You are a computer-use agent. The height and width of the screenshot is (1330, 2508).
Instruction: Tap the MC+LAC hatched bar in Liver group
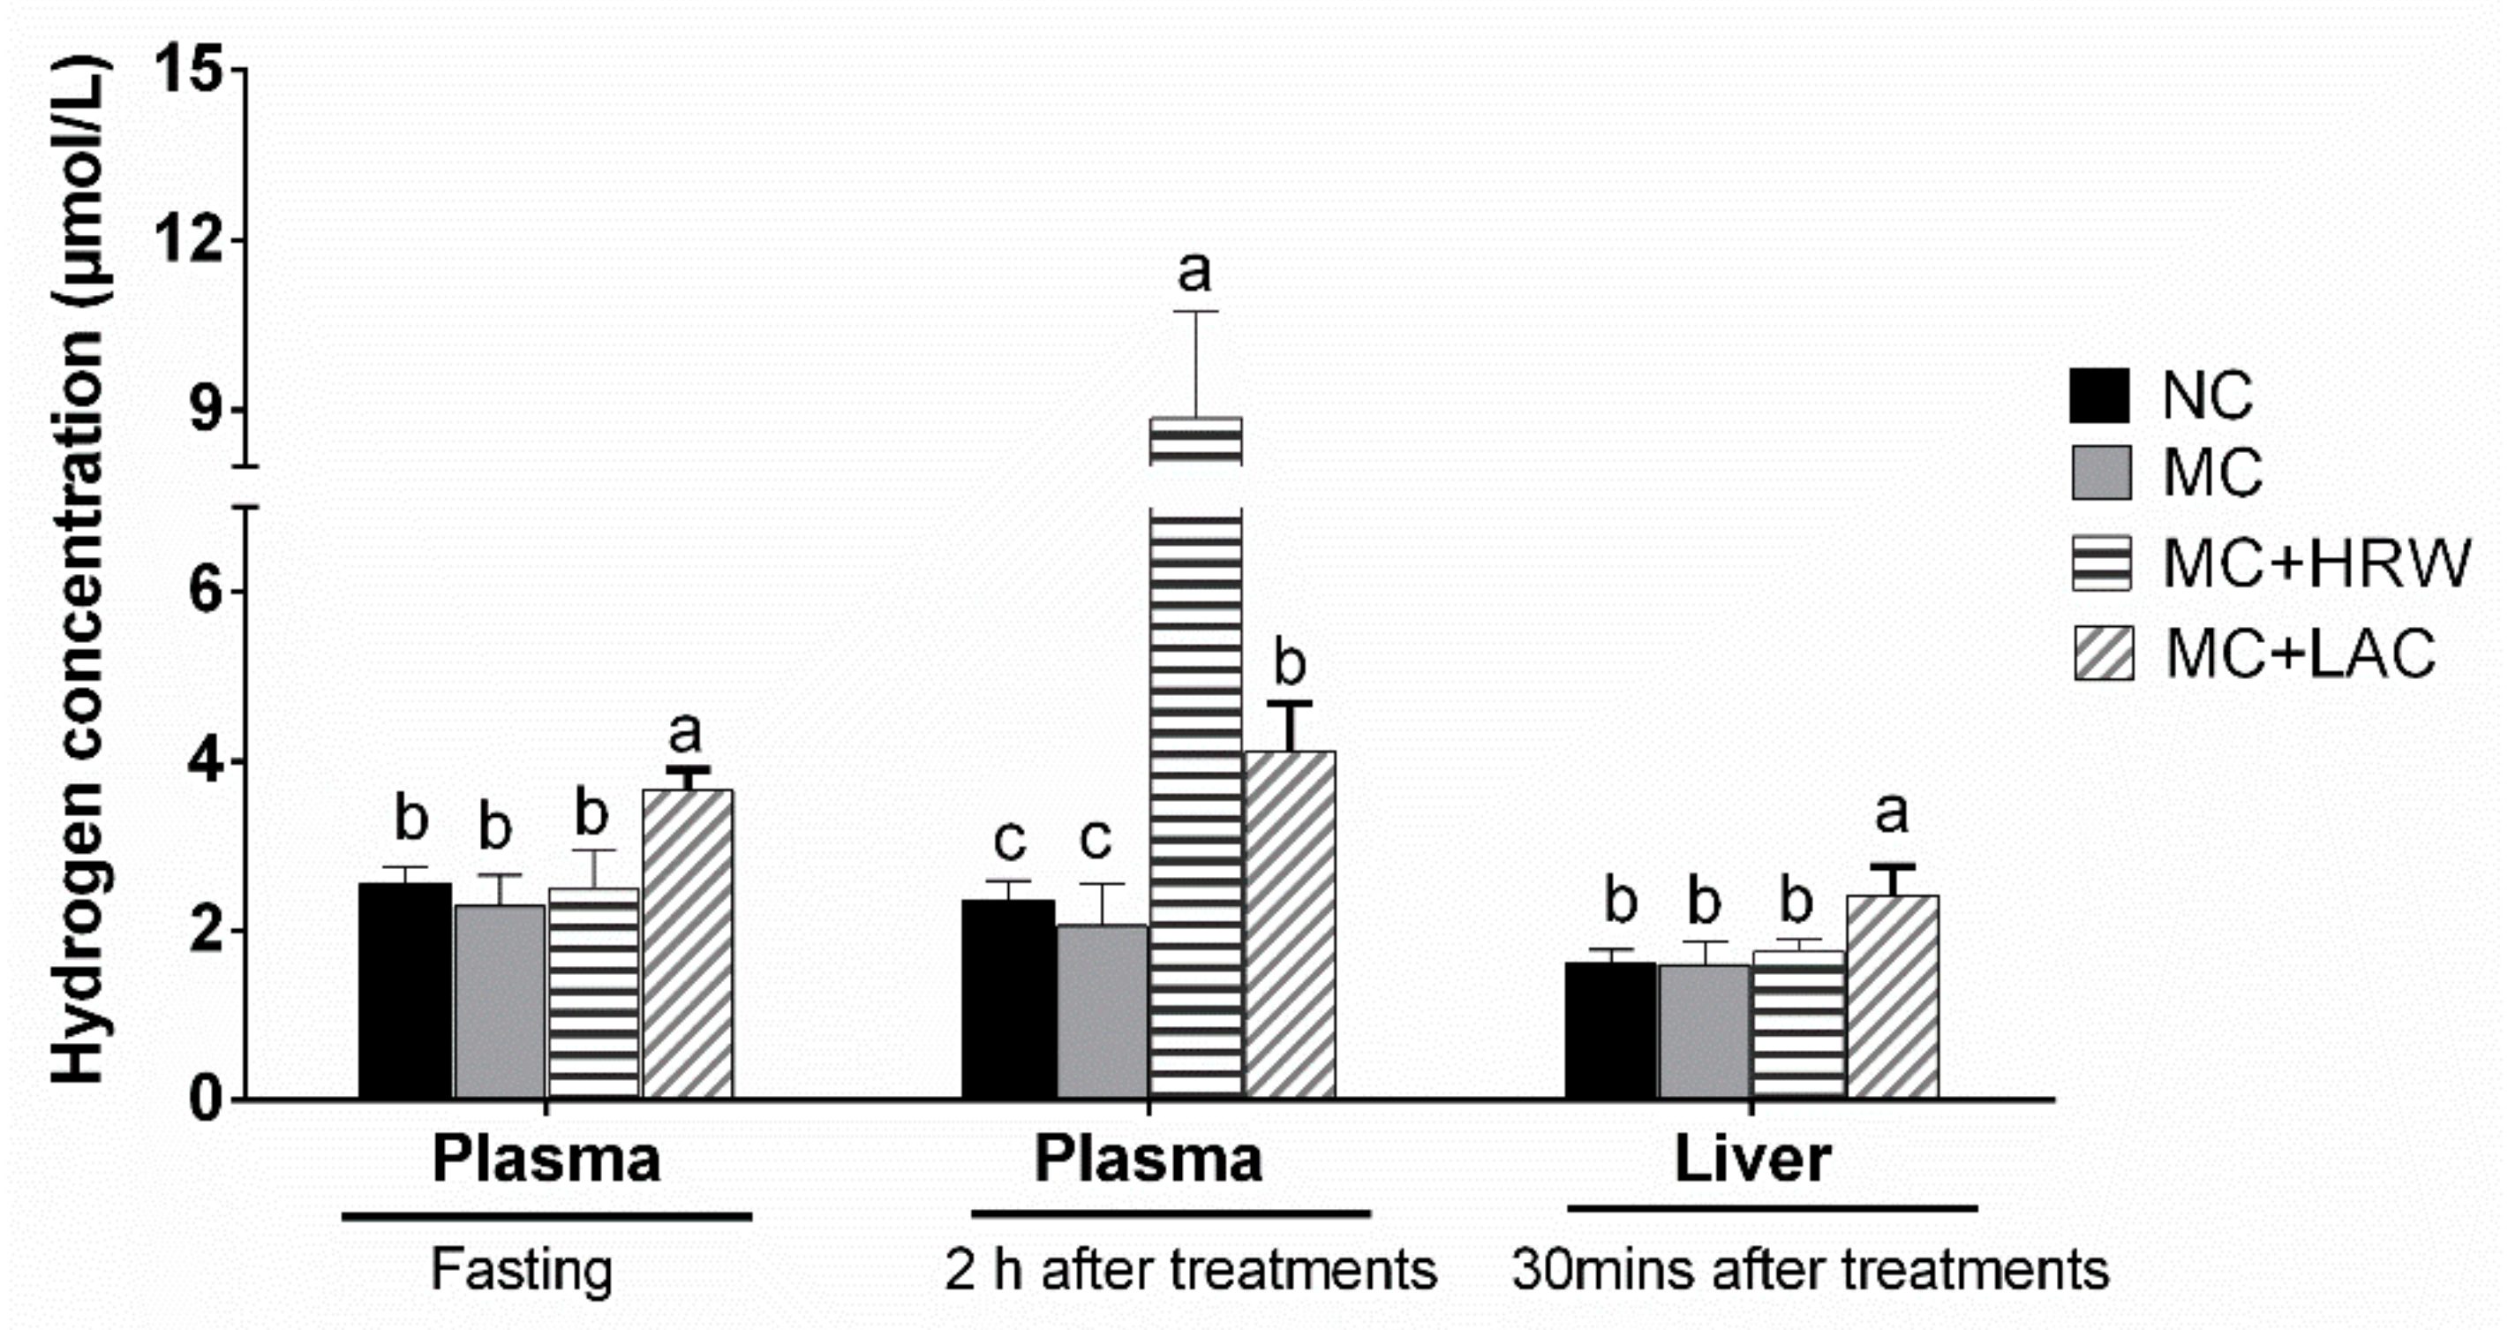[1893, 997]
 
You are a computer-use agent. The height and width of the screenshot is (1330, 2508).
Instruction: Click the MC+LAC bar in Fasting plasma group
[688, 944]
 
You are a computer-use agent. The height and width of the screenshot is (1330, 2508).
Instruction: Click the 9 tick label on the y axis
[206, 411]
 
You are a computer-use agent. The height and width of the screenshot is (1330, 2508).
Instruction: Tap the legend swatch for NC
[2100, 396]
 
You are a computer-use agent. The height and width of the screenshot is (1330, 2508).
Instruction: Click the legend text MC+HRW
[2316, 563]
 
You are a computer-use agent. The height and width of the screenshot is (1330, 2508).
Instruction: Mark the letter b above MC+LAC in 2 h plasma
[1289, 665]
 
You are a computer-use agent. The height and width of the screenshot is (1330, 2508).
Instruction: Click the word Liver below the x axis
[1752, 1159]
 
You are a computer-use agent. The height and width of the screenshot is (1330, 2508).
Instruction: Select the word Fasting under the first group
[522, 1270]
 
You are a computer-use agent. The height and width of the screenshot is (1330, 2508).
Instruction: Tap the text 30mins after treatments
[1810, 1270]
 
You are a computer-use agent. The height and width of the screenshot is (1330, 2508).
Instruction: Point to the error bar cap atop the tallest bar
[1195, 312]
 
